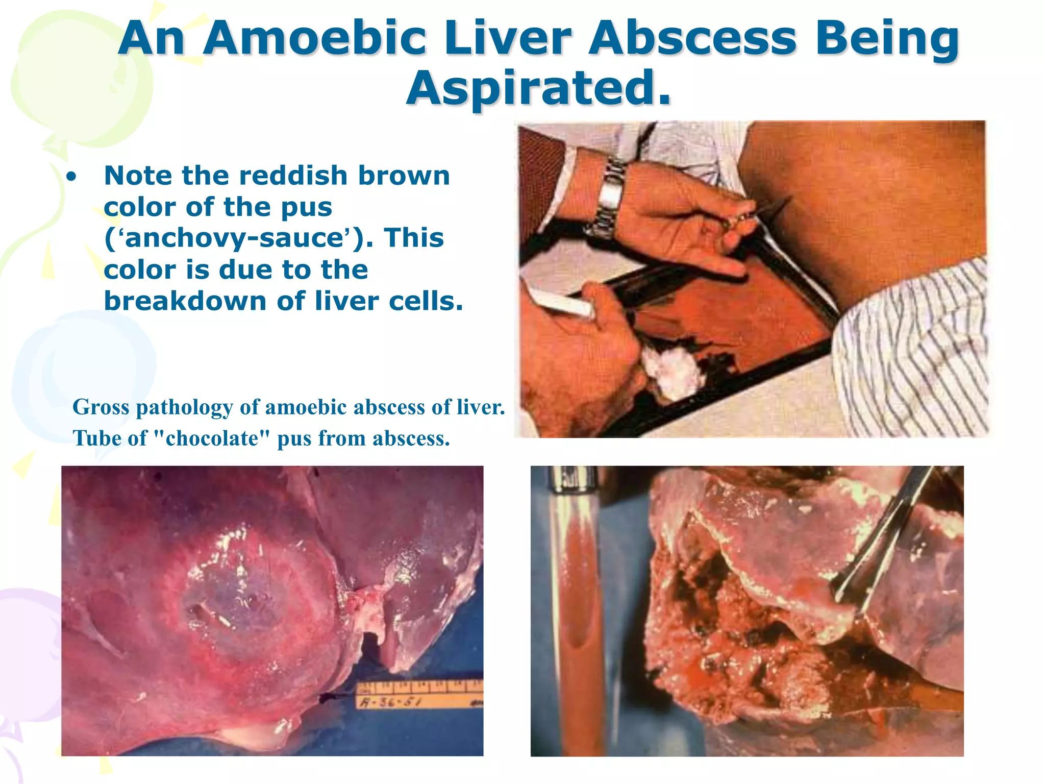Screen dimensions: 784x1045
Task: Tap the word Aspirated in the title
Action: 538,88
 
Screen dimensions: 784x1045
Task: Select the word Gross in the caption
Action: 101,407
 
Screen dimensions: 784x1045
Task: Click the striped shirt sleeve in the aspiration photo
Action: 913,352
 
